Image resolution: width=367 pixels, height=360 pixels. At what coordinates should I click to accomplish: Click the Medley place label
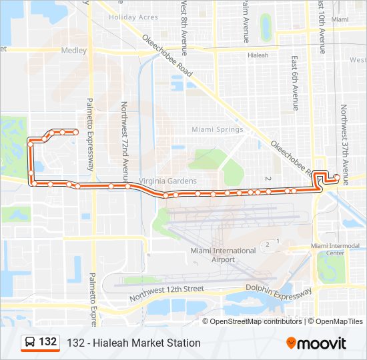coord(74,51)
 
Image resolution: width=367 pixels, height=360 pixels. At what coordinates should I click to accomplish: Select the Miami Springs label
coord(214,129)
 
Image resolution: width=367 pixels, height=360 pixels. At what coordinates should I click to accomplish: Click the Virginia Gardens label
coord(167,181)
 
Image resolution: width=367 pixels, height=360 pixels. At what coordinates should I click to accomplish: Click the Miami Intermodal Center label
coord(337,249)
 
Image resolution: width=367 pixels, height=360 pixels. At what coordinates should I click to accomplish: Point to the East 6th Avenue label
coord(294,83)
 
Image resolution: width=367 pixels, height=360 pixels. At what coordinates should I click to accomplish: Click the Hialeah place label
coord(258,55)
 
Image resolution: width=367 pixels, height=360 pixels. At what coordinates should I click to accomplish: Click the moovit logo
coord(316,343)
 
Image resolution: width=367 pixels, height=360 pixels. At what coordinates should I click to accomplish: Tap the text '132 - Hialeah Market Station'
coord(133,343)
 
